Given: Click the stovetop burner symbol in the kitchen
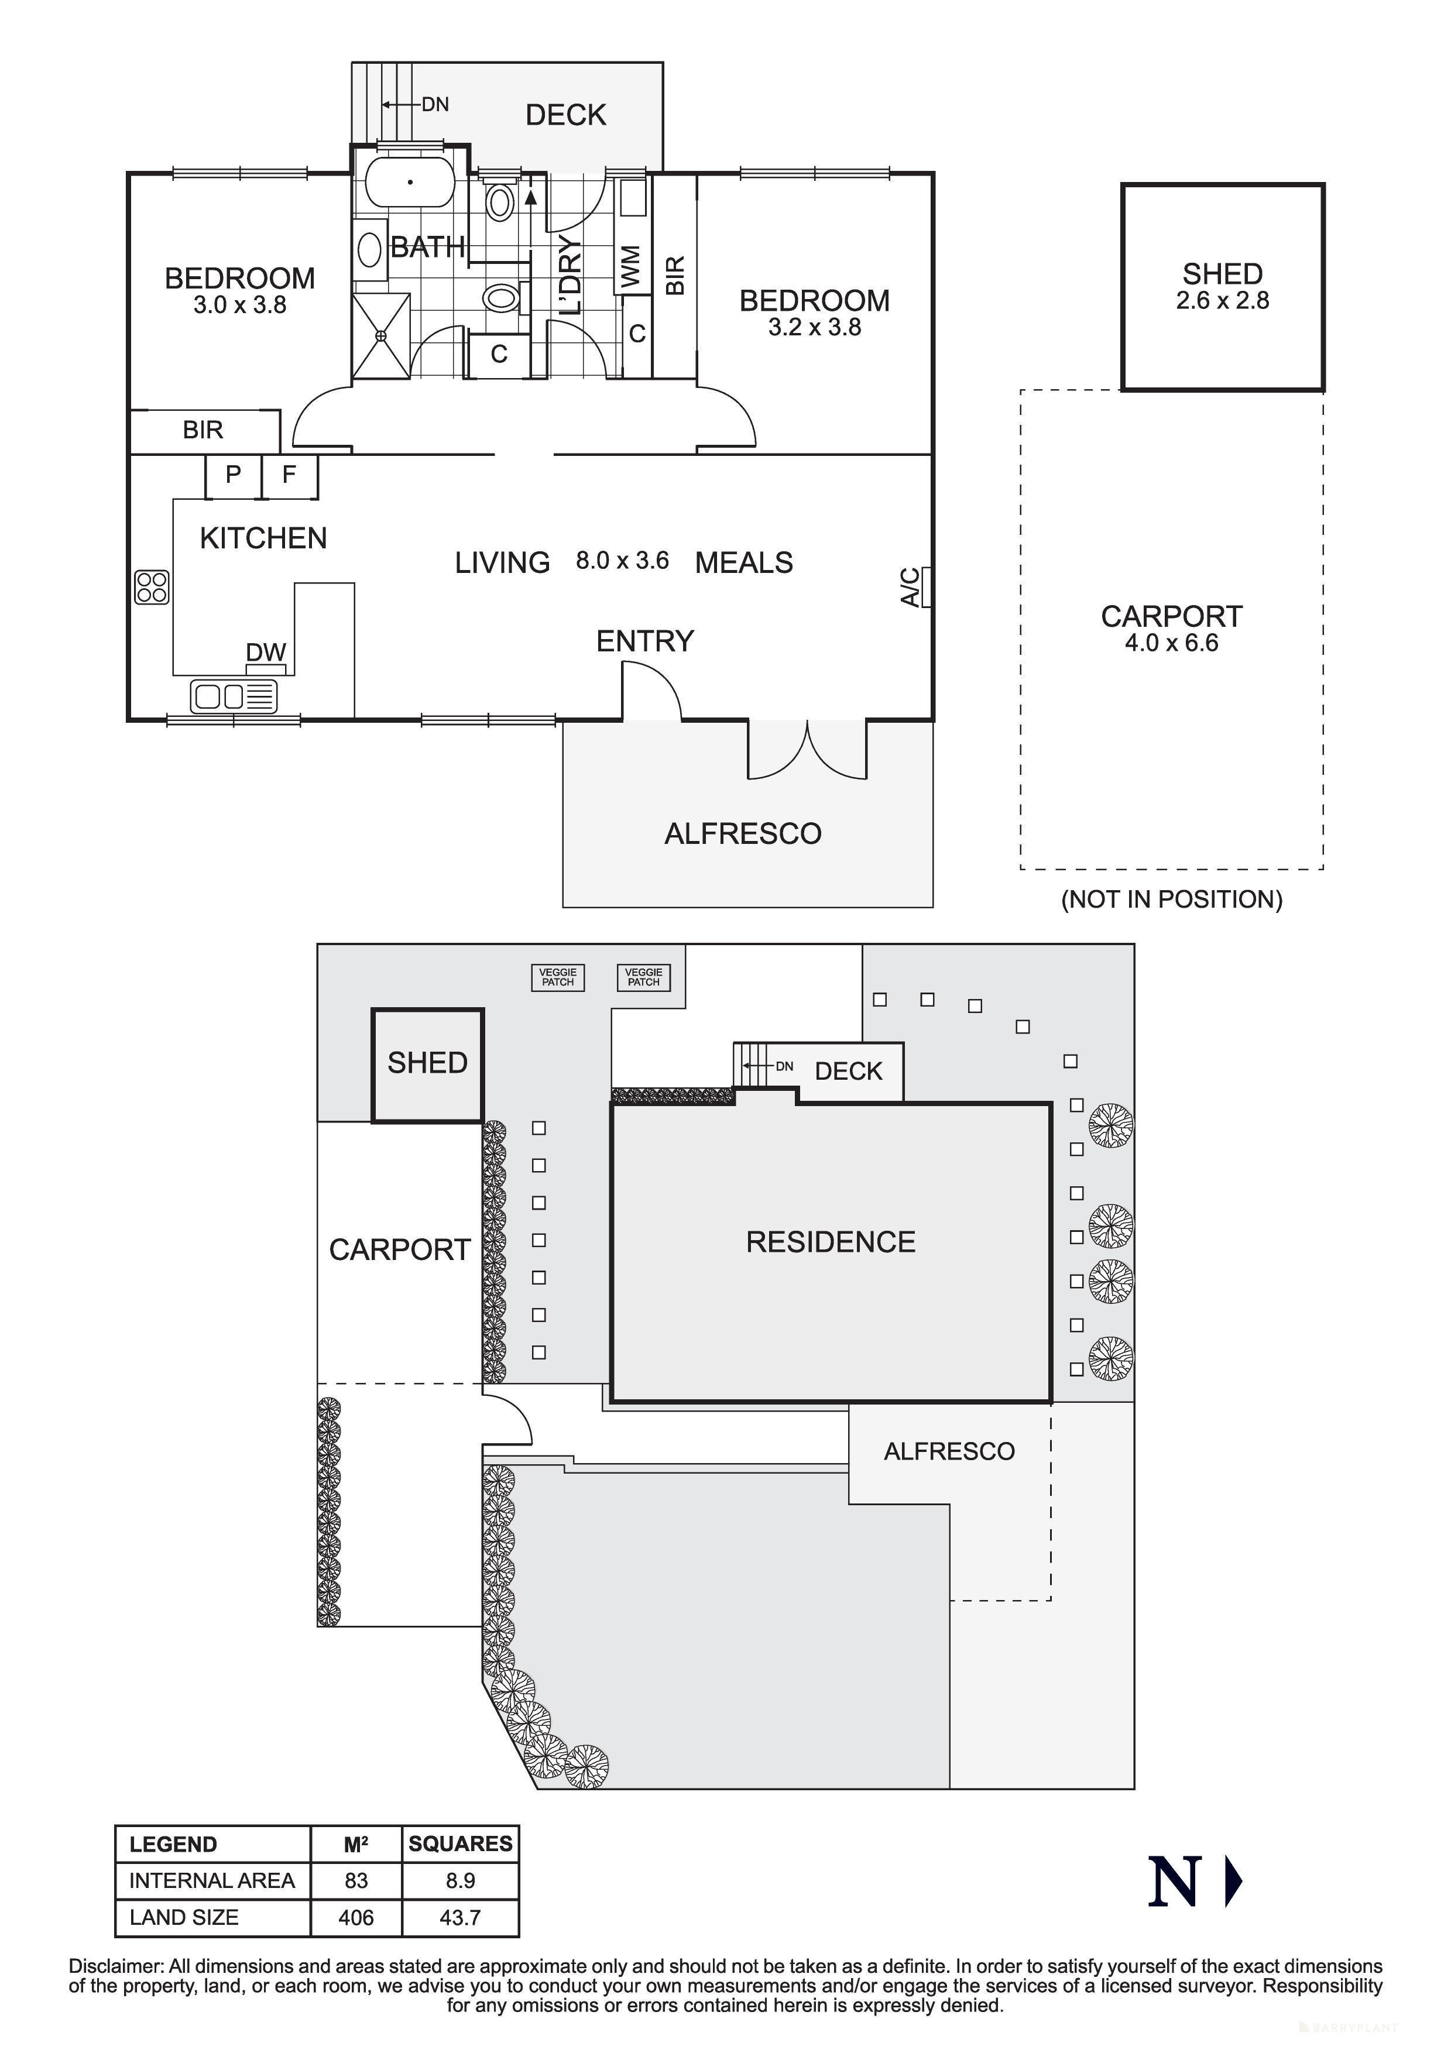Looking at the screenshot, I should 152,586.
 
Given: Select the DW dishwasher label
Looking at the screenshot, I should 266,653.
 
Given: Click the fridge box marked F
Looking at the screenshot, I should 289,475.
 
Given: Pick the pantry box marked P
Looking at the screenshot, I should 234,475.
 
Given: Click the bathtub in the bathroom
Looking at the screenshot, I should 410,183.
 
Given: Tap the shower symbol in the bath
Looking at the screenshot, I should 382,335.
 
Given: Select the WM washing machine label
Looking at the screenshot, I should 631,266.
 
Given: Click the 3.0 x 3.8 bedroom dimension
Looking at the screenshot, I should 239,306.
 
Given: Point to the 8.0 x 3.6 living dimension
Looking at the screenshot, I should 622,561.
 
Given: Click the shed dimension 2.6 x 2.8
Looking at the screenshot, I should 1222,301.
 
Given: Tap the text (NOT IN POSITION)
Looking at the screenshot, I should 1171,900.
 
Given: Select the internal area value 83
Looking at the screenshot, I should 356,1880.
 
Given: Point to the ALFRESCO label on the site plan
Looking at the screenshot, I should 949,1451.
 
